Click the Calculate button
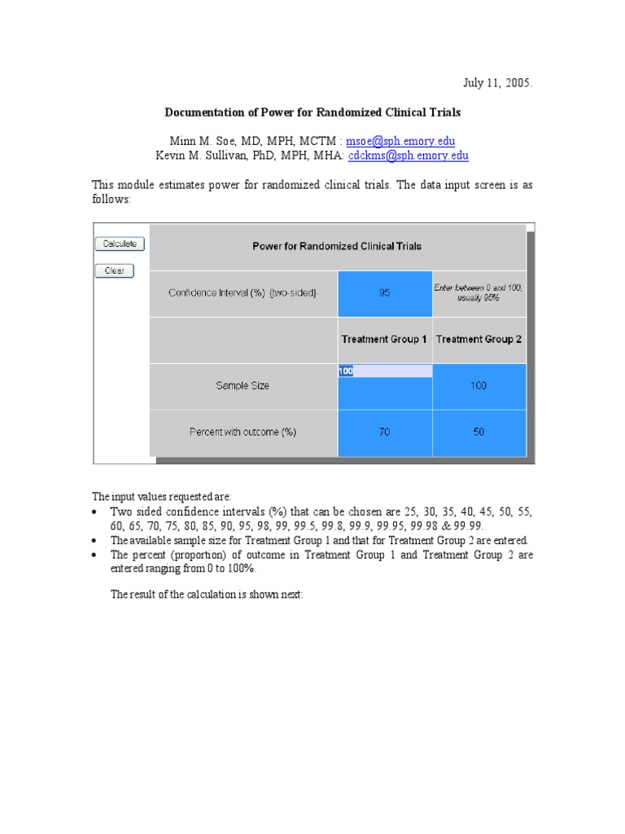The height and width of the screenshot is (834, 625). (x=120, y=244)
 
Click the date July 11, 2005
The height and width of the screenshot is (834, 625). (x=497, y=83)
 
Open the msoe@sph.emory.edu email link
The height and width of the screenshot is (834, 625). (x=400, y=141)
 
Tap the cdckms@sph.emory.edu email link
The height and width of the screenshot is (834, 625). (x=409, y=156)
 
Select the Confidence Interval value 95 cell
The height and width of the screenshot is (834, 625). (x=384, y=293)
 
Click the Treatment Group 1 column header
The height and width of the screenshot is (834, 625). (x=384, y=340)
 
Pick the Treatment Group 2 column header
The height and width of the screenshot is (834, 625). (x=479, y=340)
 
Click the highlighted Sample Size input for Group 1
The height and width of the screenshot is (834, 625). (x=385, y=371)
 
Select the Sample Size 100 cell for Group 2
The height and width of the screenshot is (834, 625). (x=479, y=385)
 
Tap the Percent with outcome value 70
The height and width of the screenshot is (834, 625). (x=384, y=432)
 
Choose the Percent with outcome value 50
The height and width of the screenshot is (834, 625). (x=479, y=432)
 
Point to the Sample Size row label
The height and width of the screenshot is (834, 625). (x=243, y=386)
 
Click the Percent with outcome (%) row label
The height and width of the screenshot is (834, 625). (x=243, y=432)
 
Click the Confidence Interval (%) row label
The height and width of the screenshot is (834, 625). (x=243, y=293)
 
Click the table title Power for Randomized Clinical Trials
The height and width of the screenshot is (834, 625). (x=337, y=246)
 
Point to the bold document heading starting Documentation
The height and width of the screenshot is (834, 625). (x=313, y=112)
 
